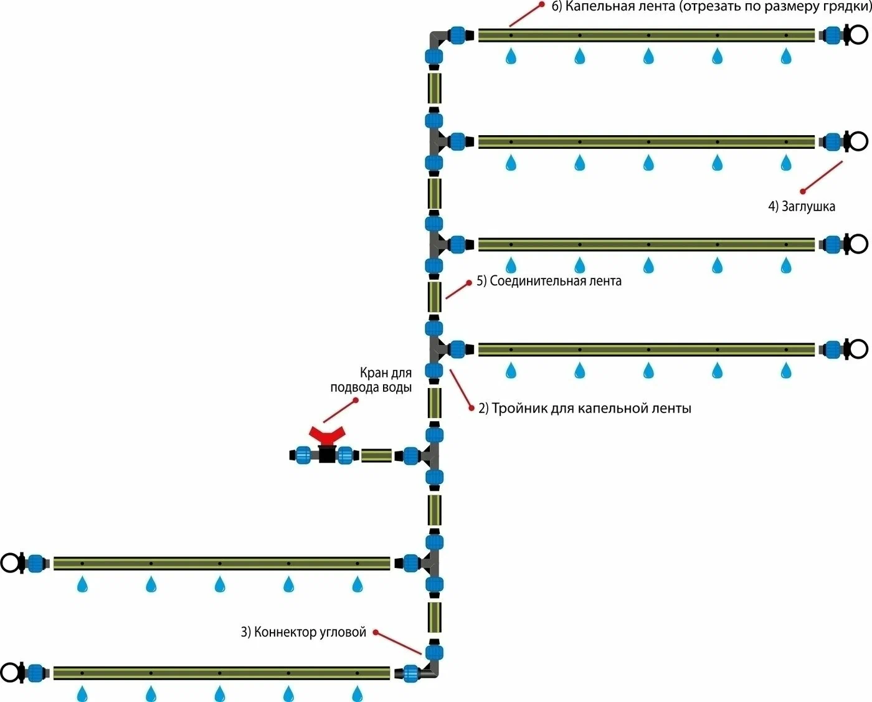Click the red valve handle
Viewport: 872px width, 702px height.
tap(327, 434)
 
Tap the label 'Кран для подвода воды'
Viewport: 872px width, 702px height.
tap(371, 380)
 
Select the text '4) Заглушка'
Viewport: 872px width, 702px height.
tap(802, 206)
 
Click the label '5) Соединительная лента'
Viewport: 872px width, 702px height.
tap(549, 281)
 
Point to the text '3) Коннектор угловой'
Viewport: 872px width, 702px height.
tap(303, 632)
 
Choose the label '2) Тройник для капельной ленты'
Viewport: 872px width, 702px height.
tap(584, 409)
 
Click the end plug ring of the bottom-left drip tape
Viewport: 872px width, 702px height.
tap(11, 673)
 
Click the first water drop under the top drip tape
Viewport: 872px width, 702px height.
tap(511, 57)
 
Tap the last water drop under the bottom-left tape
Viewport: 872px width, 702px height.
tap(357, 693)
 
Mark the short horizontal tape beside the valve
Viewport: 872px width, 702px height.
tap(376, 455)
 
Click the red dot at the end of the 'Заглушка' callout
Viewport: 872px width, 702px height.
tap(803, 191)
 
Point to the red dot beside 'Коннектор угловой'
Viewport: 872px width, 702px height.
tap(376, 632)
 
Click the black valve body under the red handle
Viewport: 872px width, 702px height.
tap(327, 454)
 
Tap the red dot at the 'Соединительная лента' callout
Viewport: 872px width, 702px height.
tap(469, 282)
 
